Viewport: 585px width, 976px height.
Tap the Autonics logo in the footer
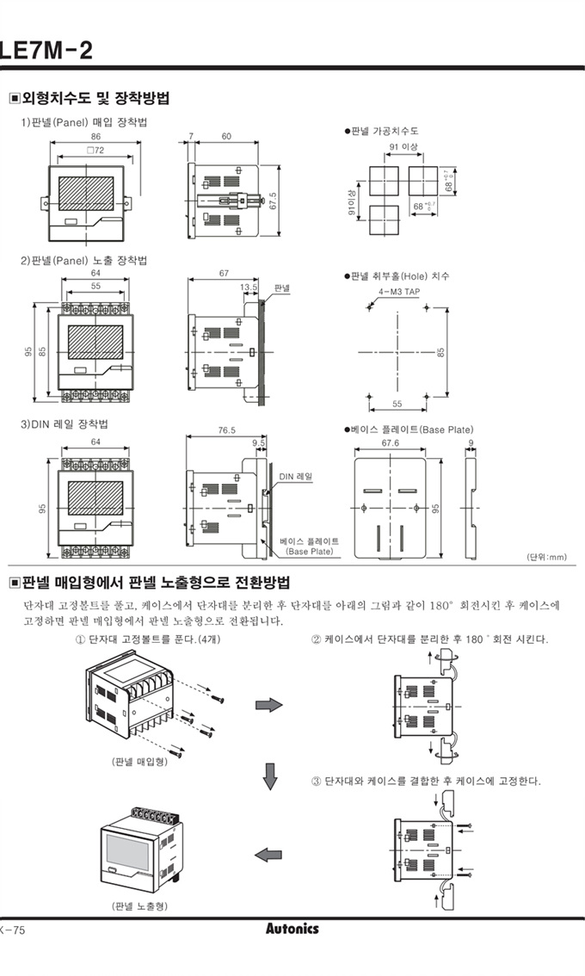292,929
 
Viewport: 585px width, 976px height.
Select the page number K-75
14,930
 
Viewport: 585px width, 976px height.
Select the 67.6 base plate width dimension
391,443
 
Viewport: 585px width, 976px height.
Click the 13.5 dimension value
249,287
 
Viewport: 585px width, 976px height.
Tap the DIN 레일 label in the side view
295,475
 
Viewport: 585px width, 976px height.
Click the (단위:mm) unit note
546,557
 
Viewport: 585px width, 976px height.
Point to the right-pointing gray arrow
269,705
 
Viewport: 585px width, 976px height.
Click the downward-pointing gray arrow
270,776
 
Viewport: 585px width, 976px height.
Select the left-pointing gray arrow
268,854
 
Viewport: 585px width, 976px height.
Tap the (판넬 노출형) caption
139,905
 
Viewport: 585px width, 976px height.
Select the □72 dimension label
95,151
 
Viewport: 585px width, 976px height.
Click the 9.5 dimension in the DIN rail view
259,443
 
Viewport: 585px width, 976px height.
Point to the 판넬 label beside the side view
282,287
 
